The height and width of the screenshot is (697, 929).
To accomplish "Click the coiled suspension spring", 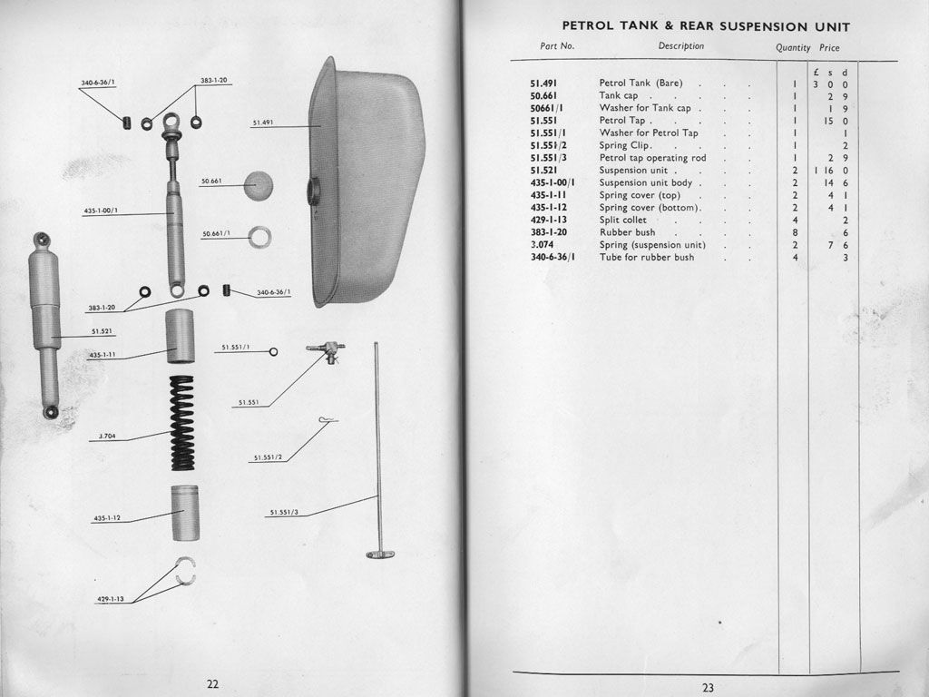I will tap(182, 423).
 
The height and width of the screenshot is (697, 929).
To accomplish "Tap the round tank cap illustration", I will tap(259, 185).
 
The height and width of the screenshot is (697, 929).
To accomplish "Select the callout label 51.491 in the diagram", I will tap(264, 123).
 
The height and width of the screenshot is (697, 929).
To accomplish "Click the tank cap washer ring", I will tap(260, 238).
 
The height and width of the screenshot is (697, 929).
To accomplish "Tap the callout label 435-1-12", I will tap(107, 518).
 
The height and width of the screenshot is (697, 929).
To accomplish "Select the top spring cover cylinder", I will tap(181, 336).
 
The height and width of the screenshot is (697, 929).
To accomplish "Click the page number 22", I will tap(212, 683).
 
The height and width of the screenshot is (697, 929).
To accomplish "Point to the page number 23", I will tap(708, 687).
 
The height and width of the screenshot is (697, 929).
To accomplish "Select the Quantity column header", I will tap(793, 47).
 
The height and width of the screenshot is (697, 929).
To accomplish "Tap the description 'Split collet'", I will tap(622, 221).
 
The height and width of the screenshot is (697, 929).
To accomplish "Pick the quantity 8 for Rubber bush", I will tap(795, 232).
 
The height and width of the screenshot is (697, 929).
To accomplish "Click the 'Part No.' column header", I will tap(557, 46).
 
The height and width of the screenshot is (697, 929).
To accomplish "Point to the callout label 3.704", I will tap(107, 437).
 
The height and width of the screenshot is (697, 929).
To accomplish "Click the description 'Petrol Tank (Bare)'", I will tap(641, 83).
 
